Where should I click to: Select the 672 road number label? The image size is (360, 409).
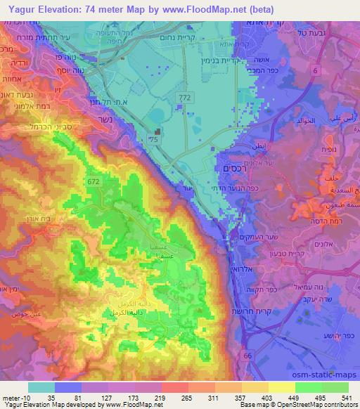click(93, 181)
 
